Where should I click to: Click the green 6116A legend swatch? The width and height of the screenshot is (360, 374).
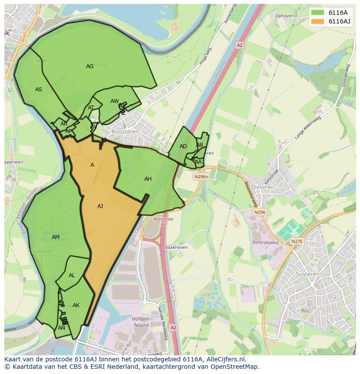pyautogui.click(x=318, y=13)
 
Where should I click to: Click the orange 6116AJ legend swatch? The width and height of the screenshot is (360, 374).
pyautogui.click(x=318, y=22)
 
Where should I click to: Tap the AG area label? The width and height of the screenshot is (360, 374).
pyautogui.click(x=90, y=66)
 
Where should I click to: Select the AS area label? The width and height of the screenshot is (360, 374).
pyautogui.click(x=39, y=89)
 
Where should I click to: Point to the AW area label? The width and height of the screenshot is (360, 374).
pyautogui.click(x=114, y=101)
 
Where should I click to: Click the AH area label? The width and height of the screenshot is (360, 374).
pyautogui.click(x=148, y=179)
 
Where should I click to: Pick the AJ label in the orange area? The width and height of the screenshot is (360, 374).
pyautogui.click(x=100, y=206)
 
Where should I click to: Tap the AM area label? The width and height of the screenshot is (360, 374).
pyautogui.click(x=56, y=237)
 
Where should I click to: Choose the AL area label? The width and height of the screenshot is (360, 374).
pyautogui.click(x=72, y=275)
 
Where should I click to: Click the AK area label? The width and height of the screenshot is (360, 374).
pyautogui.click(x=76, y=305)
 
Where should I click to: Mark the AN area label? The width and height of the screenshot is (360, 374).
pyautogui.click(x=61, y=328)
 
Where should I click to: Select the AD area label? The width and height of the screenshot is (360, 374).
pyautogui.click(x=183, y=146)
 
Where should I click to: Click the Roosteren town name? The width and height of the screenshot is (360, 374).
pyautogui.click(x=125, y=131)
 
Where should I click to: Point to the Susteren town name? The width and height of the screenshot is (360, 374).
pyautogui.click(x=307, y=274)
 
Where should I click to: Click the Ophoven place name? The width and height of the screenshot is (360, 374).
pyautogui.click(x=284, y=16)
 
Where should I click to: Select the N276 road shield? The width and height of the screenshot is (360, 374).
pyautogui.click(x=297, y=242)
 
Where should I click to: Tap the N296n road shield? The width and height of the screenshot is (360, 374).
pyautogui.click(x=201, y=177)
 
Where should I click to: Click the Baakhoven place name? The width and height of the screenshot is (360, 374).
pyautogui.click(x=176, y=247)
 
